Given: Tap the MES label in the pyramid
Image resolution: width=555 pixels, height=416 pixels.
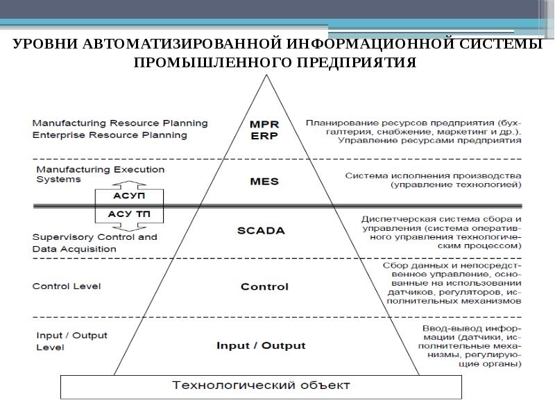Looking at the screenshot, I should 264,182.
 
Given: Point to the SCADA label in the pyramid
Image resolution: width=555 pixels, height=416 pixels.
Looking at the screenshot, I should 264,231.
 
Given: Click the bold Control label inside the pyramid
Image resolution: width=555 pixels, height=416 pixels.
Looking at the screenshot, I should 264,286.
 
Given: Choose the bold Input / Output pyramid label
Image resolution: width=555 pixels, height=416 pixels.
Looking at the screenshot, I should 261,345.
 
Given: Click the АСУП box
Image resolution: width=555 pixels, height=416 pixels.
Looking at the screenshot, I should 128,196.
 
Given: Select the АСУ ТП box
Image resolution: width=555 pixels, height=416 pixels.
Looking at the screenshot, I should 128,214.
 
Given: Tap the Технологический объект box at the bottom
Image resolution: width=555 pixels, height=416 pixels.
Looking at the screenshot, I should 261,385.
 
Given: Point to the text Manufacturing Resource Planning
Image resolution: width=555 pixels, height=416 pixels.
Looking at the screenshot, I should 120,123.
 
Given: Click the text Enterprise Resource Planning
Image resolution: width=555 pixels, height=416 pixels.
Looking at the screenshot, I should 110,135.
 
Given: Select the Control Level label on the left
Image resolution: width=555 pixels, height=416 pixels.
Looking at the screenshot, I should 67,286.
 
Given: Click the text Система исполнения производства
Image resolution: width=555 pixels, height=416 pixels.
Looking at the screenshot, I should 433,175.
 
